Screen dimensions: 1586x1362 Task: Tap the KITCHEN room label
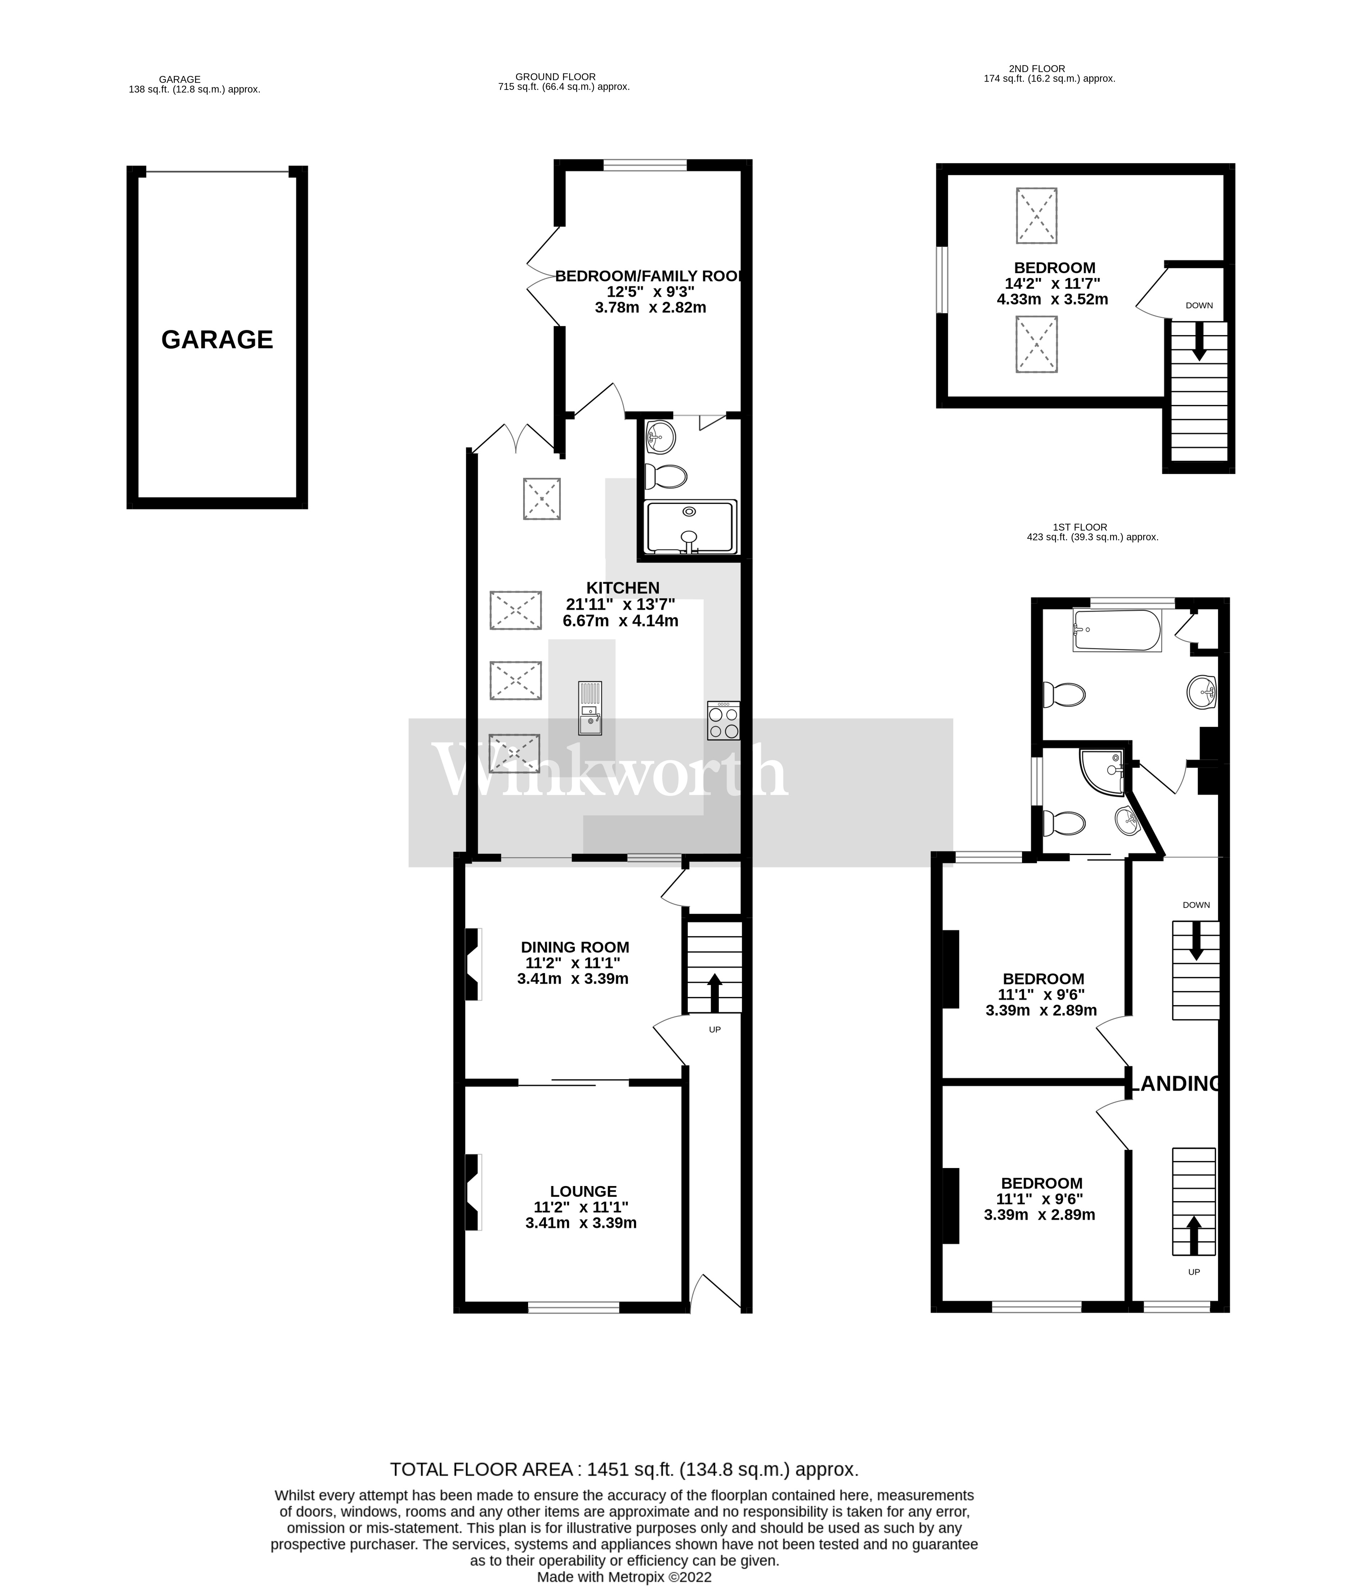pos(622,588)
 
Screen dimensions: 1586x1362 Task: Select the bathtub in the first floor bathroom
pos(1117,630)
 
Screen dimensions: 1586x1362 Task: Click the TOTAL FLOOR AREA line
pos(624,1469)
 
